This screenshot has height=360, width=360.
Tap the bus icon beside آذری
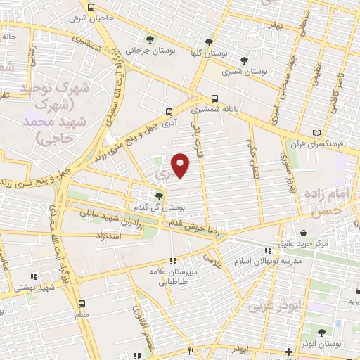coord(168,111)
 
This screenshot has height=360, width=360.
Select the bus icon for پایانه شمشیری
coord(214,98)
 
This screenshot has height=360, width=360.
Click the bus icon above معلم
coord(83,304)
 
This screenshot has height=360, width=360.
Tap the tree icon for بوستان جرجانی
coord(148,39)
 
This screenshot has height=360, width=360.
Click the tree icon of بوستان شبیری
coord(243,60)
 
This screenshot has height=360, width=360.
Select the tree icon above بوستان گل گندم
coord(160,197)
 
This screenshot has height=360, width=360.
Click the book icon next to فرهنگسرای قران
coord(317,132)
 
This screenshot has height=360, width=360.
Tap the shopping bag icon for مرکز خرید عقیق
coord(302,233)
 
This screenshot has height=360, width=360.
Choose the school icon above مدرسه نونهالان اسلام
coord(267,250)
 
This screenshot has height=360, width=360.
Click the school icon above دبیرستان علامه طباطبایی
coord(173,260)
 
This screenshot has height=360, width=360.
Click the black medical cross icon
coord(288,351)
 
